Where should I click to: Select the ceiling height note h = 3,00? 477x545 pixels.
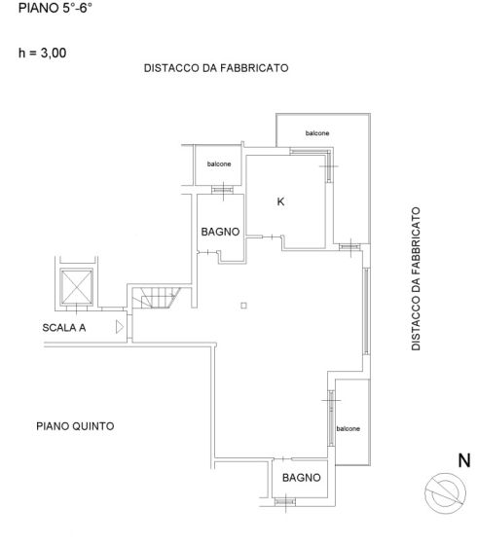(37, 54)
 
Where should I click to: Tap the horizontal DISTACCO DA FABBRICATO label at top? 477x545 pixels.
(215, 69)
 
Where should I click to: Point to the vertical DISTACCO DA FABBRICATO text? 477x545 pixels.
(416, 278)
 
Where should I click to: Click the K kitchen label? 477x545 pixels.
(281, 202)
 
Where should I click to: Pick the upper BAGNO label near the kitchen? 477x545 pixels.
(220, 233)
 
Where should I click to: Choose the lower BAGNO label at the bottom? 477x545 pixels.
(302, 478)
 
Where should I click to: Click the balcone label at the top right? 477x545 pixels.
(317, 133)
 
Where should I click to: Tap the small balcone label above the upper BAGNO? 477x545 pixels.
(220, 163)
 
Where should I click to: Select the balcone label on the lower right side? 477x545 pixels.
(349, 428)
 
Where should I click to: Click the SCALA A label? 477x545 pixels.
(64, 328)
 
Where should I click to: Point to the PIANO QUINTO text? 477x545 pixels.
(76, 426)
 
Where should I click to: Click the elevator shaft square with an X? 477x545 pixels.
(75, 288)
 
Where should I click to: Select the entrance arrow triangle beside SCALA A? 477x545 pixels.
(119, 328)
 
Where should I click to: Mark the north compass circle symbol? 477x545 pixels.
(447, 491)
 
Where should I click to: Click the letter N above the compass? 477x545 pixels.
(464, 459)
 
